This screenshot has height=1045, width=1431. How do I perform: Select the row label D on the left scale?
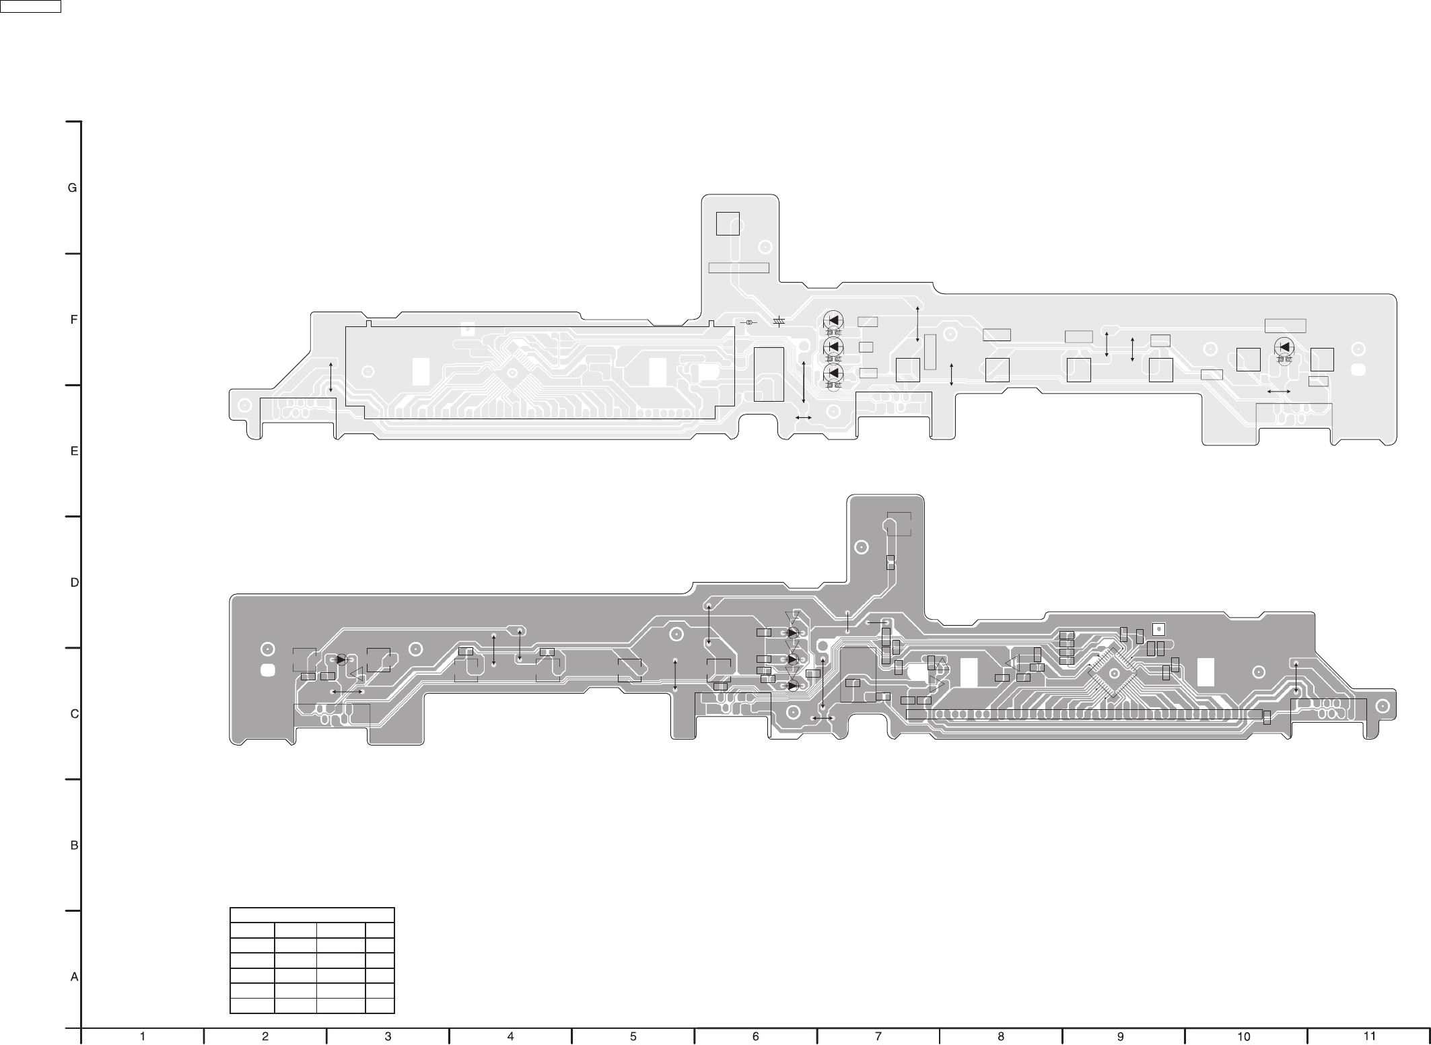(75, 583)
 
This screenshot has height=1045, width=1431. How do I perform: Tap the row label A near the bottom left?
(75, 977)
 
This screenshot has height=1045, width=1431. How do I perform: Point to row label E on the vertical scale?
(74, 452)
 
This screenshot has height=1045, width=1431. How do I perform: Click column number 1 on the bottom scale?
(142, 1037)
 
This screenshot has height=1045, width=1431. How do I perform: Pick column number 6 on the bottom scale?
(755, 1037)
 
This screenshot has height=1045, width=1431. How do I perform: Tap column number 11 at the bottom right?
(1368, 1036)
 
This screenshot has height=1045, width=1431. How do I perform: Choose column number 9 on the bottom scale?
(1120, 1037)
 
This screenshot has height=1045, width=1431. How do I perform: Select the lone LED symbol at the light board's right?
(1284, 347)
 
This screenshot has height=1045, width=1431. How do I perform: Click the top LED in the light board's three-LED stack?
(833, 320)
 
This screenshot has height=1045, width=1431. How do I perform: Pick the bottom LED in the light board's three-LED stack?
(833, 373)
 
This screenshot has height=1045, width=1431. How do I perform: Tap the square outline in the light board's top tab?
(728, 223)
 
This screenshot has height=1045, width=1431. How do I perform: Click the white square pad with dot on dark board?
(1158, 630)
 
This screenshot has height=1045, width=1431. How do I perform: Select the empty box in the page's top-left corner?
(30, 6)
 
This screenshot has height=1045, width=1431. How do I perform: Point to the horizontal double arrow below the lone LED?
(1278, 391)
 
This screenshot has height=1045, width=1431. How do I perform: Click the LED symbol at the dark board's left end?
(341, 660)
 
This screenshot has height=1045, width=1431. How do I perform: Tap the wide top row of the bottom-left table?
(312, 915)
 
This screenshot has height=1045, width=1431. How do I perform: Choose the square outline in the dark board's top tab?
(899, 524)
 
